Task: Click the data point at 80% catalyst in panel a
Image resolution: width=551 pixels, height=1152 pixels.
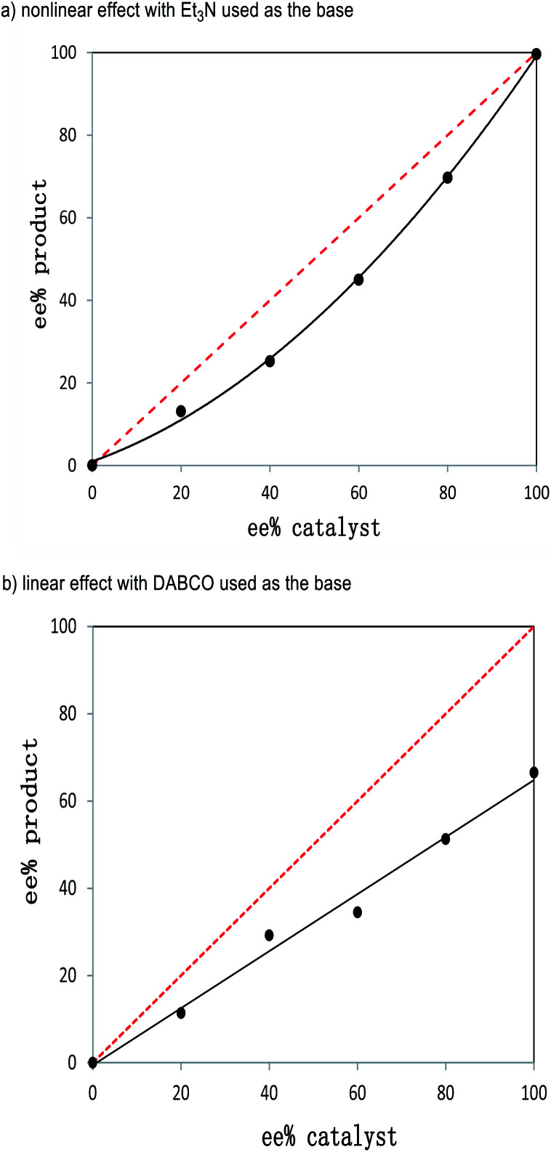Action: [447, 177]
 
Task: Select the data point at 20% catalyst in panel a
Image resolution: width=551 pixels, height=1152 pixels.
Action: [181, 411]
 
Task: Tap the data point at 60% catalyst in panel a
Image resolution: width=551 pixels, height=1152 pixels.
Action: [358, 280]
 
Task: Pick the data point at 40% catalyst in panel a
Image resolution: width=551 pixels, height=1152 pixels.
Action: [270, 361]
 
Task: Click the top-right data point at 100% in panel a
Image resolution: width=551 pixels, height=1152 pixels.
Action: [536, 54]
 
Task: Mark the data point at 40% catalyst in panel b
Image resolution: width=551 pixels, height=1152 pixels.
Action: [269, 935]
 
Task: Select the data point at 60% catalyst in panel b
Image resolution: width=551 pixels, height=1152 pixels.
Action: [358, 912]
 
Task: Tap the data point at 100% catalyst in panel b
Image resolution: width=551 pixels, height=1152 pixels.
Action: [534, 772]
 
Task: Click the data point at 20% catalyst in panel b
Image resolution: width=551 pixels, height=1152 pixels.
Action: [181, 1013]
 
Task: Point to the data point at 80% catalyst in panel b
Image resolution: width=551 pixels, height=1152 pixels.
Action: [446, 838]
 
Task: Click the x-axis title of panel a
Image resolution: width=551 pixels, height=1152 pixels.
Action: [314, 527]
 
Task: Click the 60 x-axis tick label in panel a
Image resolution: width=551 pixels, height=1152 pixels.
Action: [358, 487]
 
